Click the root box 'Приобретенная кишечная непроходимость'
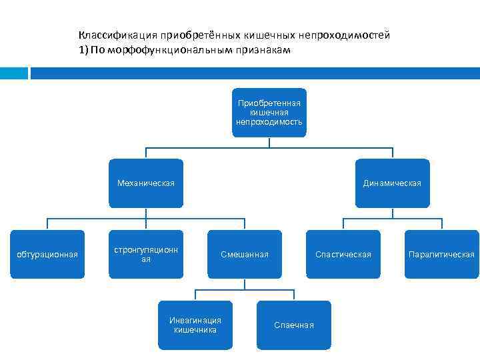click(269, 112)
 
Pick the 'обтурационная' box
click(47, 254)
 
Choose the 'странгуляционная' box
click(145, 254)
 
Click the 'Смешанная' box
click(245, 254)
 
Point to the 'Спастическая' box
click(343, 254)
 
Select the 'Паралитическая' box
click(441, 254)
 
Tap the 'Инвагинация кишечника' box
click(195, 325)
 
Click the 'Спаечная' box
click(293, 325)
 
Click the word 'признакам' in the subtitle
click(267, 50)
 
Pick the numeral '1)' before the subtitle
click(84, 50)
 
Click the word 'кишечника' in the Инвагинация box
click(195, 329)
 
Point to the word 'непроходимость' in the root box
click(269, 122)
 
